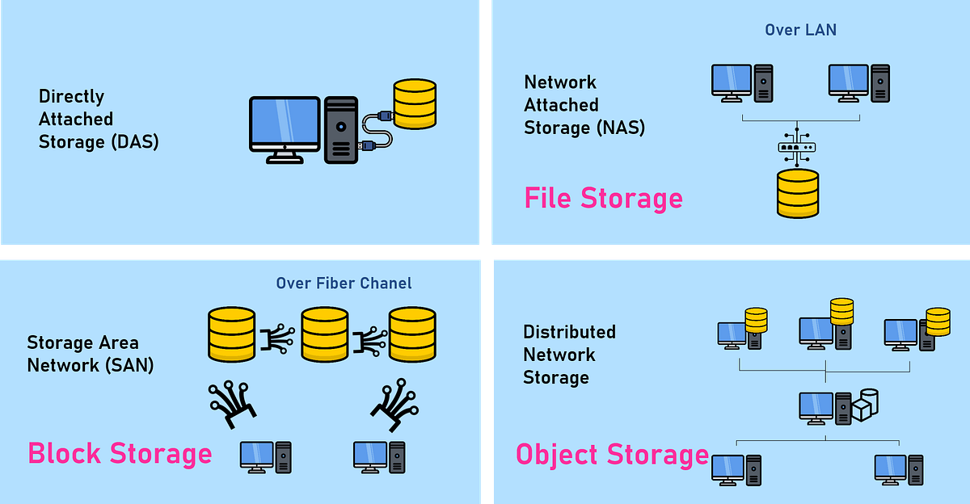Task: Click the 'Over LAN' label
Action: coord(801,30)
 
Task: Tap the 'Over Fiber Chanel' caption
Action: coord(344,283)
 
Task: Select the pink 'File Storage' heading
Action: coord(603,198)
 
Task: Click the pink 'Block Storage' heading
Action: coord(120,453)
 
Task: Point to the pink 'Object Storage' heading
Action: coord(612,455)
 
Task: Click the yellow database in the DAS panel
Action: coord(415,104)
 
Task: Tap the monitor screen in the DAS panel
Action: coord(285,120)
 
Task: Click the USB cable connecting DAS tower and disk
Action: coord(376,131)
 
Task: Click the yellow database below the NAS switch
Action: coord(798,193)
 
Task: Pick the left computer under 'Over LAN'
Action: coord(742,83)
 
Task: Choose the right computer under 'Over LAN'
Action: coord(859,83)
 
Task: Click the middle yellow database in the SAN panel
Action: coord(325,334)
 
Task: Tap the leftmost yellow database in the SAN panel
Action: coord(232,334)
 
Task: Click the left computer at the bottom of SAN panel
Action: coord(266,457)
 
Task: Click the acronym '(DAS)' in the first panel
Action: coord(135,142)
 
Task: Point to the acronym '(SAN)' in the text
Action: coord(129,366)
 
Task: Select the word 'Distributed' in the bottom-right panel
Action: coord(569,332)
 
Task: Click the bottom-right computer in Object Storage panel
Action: coord(899,470)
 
